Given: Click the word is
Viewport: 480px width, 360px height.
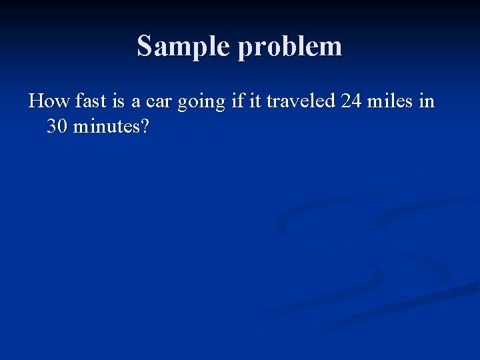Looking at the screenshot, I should click(x=117, y=101).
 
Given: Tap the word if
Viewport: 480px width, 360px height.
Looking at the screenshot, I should click(x=233, y=101).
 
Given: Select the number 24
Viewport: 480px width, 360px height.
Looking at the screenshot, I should click(x=352, y=101).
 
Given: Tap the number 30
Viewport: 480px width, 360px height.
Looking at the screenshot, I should click(x=57, y=125).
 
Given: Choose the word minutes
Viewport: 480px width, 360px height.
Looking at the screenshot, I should click(x=105, y=125).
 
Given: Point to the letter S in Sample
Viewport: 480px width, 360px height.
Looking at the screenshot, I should click(x=144, y=46).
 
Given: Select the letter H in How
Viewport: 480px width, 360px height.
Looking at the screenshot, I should click(x=37, y=101).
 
